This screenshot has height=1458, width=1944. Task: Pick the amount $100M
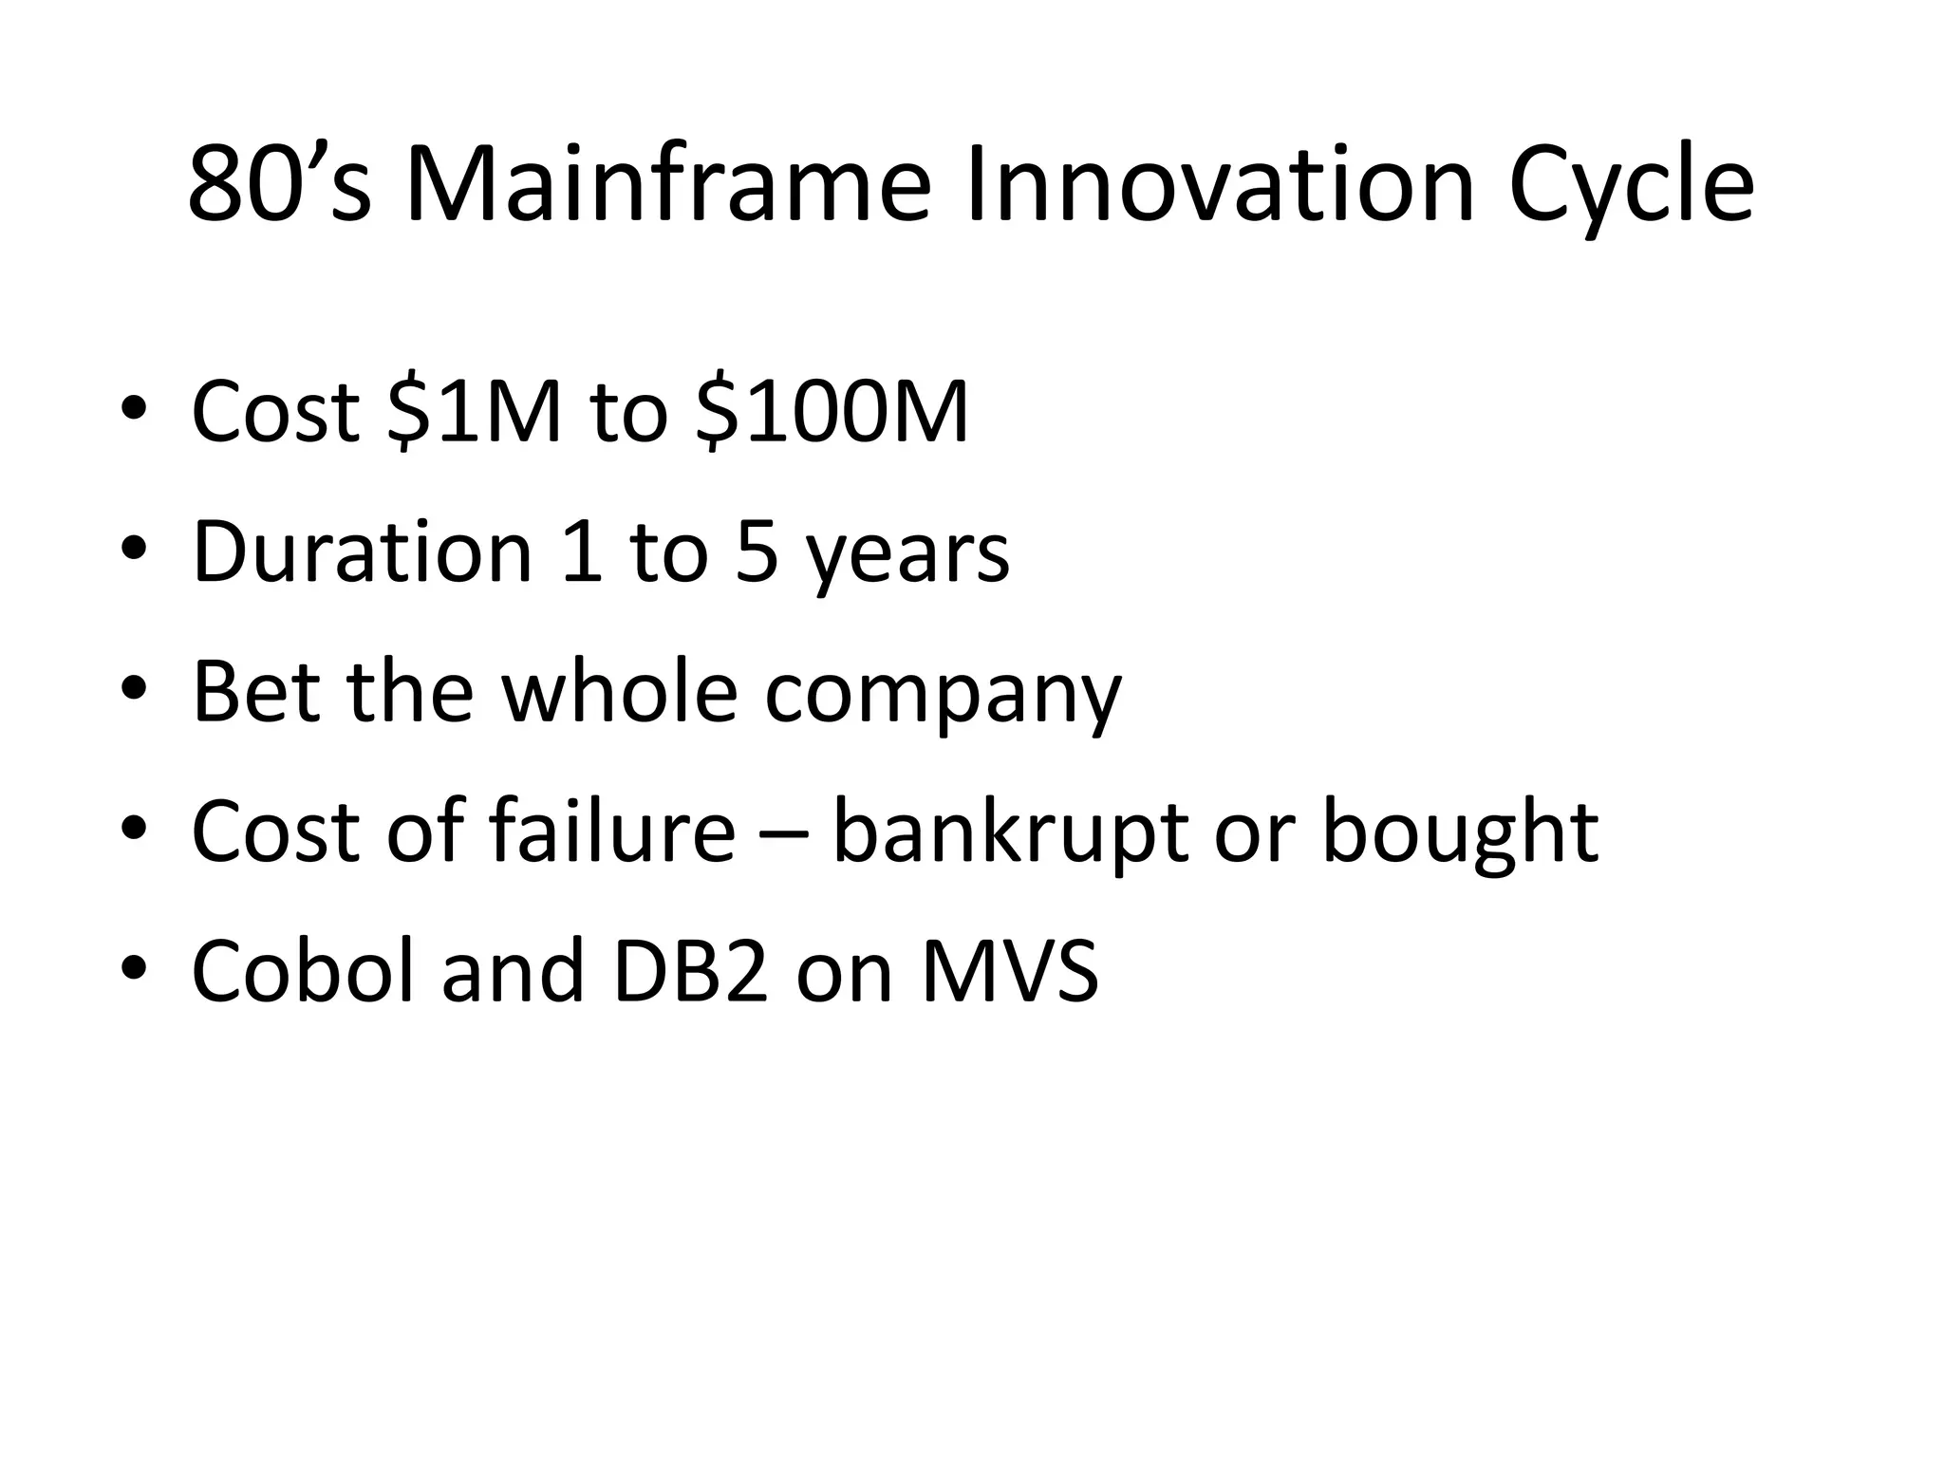[832, 412]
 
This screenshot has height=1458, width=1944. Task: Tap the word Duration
[362, 552]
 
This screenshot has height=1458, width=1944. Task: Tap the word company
[943, 698]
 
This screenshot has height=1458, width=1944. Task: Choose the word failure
[611, 832]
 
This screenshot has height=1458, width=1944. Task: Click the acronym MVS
[1010, 971]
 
